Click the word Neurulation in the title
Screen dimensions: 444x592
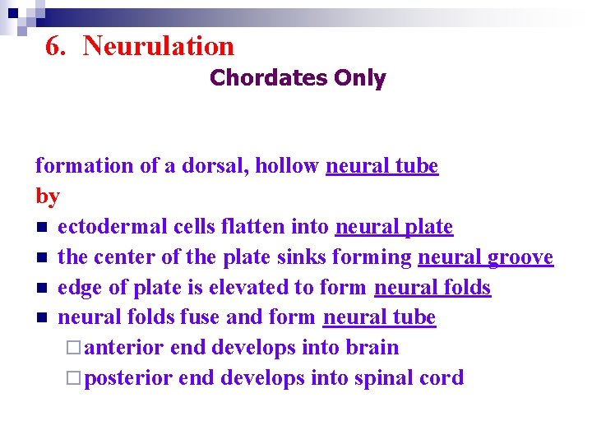coord(159,46)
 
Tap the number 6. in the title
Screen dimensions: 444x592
coord(56,46)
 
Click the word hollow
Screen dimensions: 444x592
coord(287,166)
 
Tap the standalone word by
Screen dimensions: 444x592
coord(48,197)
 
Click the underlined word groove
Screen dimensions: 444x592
coord(520,258)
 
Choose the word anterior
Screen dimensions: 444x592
coord(124,348)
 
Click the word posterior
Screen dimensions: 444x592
coord(128,378)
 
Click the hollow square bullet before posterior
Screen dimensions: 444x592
coord(76,378)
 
